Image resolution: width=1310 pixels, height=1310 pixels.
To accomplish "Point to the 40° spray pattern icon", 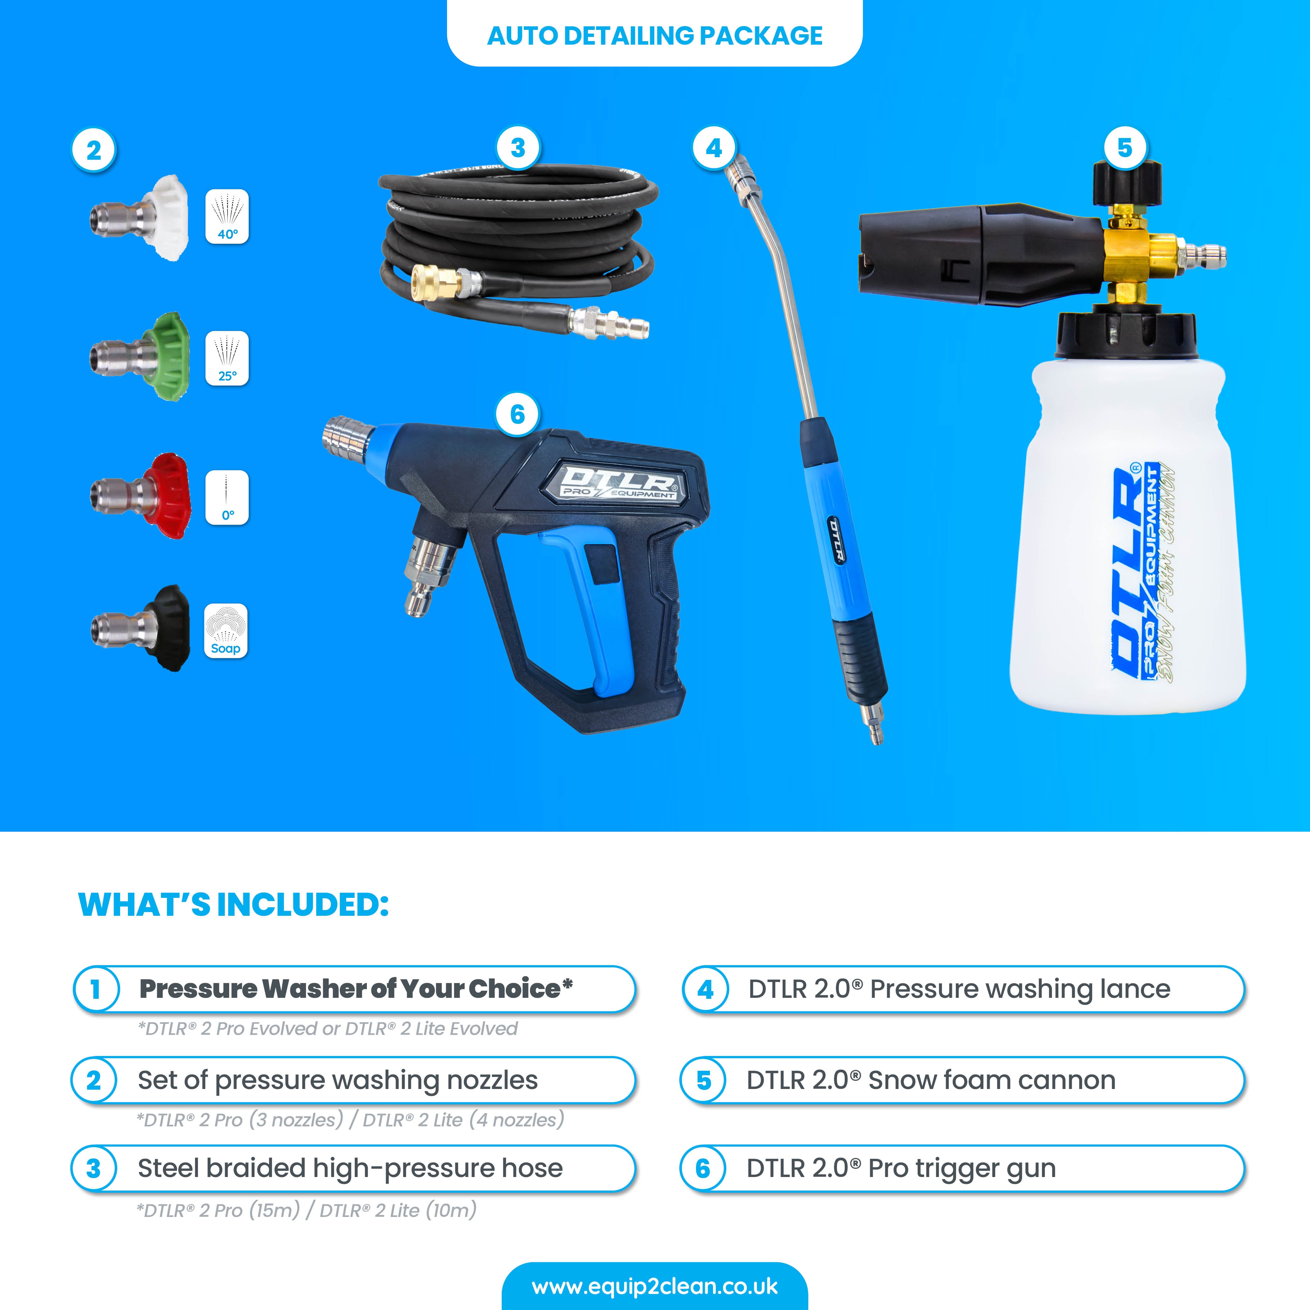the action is tap(227, 217).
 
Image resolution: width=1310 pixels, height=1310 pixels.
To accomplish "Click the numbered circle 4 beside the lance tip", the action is tap(713, 148).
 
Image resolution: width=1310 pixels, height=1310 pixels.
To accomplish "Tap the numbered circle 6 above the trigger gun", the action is tap(517, 414).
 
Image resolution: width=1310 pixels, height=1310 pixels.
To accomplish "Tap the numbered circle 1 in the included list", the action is tap(96, 989).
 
